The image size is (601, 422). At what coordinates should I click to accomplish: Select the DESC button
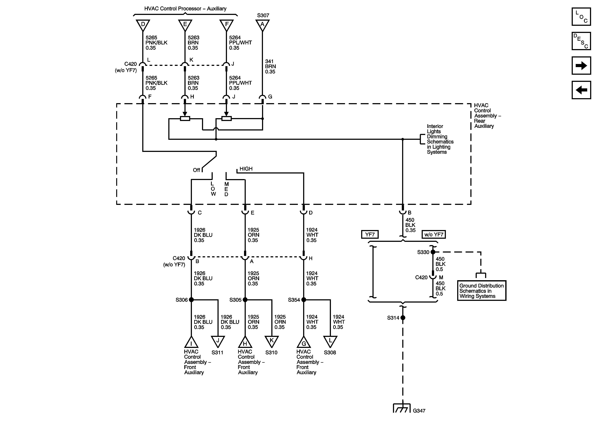(581, 41)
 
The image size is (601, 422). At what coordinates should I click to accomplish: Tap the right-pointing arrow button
(581, 66)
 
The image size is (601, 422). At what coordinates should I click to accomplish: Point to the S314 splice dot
(403, 318)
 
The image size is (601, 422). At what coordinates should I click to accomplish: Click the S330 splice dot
(433, 252)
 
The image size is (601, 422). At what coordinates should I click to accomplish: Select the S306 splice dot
(191, 300)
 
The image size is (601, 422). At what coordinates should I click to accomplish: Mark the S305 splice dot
(245, 300)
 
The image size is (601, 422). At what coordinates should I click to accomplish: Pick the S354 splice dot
(304, 300)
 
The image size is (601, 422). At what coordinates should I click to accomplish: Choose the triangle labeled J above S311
(218, 341)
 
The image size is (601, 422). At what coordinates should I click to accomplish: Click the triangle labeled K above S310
(272, 341)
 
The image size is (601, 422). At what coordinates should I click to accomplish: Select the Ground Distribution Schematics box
(482, 291)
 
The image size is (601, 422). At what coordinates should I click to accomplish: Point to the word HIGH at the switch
(246, 169)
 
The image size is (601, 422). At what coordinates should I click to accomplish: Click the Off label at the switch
(196, 170)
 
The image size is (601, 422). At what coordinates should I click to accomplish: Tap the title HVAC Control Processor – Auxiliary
(185, 9)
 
